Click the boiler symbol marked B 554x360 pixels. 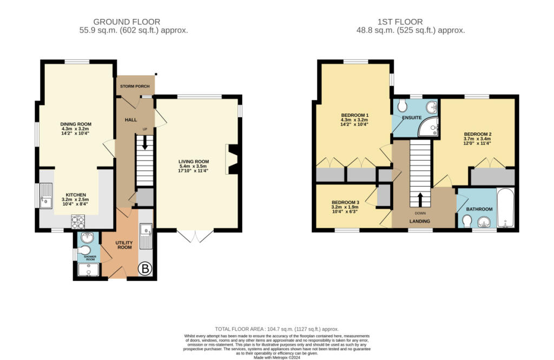(146, 268)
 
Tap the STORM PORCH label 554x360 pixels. (135, 86)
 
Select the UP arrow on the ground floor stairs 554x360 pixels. (144, 142)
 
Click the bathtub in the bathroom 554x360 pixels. (505, 209)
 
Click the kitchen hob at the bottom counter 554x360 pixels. (77, 221)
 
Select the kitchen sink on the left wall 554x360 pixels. (47, 195)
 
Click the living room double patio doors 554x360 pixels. (195, 236)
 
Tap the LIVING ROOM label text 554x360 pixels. (194, 161)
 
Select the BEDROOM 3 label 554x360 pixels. (345, 201)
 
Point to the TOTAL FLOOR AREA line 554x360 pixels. (276, 329)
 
